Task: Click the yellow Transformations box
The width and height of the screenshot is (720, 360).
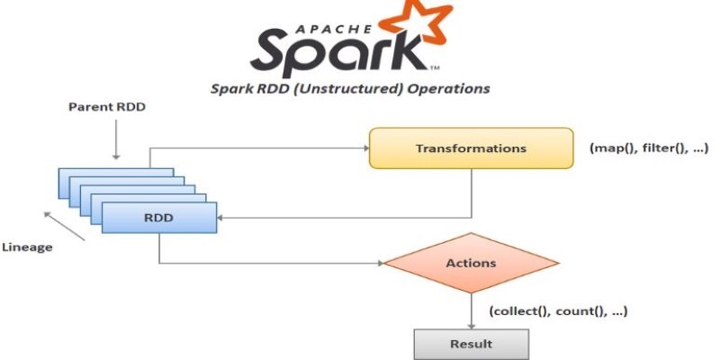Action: [x=471, y=148]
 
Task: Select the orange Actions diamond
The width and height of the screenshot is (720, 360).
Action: [x=471, y=263]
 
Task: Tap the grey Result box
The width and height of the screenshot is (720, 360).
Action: [x=471, y=344]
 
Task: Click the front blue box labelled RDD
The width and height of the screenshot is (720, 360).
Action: [x=159, y=218]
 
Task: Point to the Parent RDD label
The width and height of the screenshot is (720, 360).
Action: [x=107, y=107]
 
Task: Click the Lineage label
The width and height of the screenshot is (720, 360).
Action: [x=28, y=247]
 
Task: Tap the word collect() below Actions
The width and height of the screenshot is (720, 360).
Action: [x=520, y=311]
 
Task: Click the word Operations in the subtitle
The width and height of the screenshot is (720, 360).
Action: [x=449, y=88]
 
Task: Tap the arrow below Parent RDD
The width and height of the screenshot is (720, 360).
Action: [x=116, y=139]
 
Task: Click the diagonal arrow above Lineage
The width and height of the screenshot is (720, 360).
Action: [x=64, y=226]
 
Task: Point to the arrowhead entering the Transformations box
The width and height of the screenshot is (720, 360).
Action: [x=366, y=148]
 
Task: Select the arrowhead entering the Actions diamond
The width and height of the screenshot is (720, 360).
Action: [x=380, y=263]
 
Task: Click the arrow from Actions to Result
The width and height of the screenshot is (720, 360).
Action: [x=471, y=310]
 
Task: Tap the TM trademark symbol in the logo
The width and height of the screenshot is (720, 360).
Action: [x=435, y=68]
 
